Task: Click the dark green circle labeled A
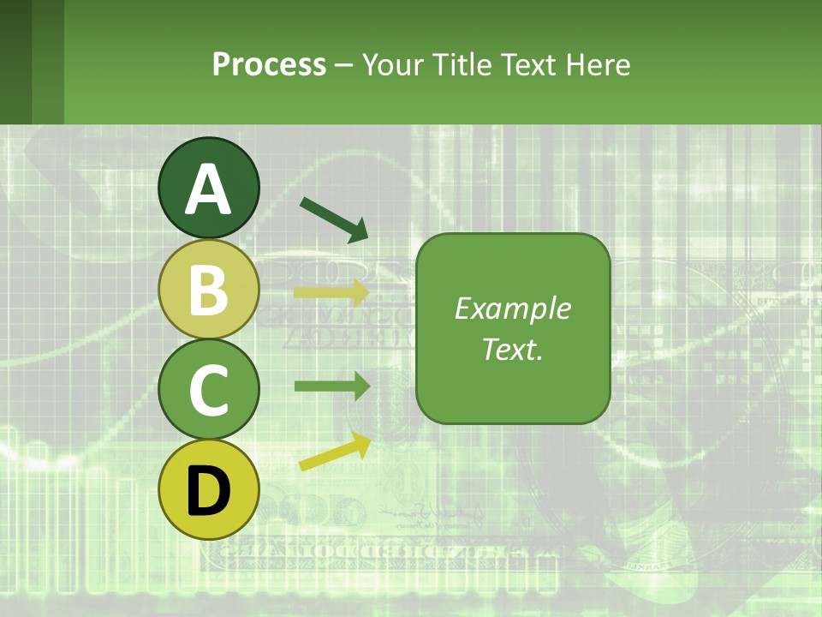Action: click(208, 188)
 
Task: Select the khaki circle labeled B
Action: click(208, 289)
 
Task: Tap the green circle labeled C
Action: click(208, 389)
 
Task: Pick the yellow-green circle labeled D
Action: click(208, 489)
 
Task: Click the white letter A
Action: click(208, 189)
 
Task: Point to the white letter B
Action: click(208, 290)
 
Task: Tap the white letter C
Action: click(208, 390)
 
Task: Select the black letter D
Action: click(208, 491)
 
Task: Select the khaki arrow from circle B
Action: click(332, 293)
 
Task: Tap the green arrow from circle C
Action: click(332, 386)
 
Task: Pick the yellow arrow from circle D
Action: click(335, 452)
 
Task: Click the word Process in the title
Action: click(269, 64)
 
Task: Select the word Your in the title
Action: click(395, 64)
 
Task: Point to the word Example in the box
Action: click(513, 308)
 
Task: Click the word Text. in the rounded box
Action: click(513, 349)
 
